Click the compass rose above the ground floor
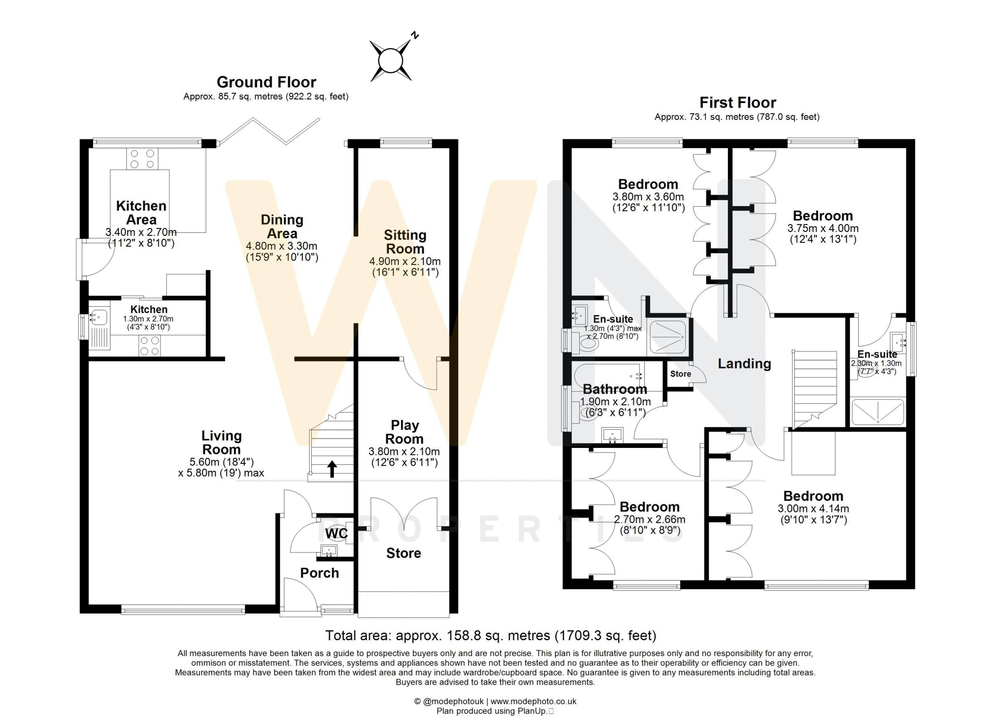point(391,60)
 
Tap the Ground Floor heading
point(266,82)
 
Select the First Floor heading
point(737,103)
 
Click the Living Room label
point(221,443)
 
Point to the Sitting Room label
point(405,242)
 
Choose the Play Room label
point(404,432)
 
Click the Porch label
point(320,573)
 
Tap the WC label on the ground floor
point(336,534)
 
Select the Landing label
point(744,364)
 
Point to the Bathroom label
point(615,389)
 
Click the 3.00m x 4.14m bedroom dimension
point(813,508)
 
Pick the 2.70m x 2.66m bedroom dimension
point(650,519)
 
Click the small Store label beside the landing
point(680,374)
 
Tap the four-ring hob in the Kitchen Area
point(143,159)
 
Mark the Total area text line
point(491,635)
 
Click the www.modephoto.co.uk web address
point(533,701)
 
